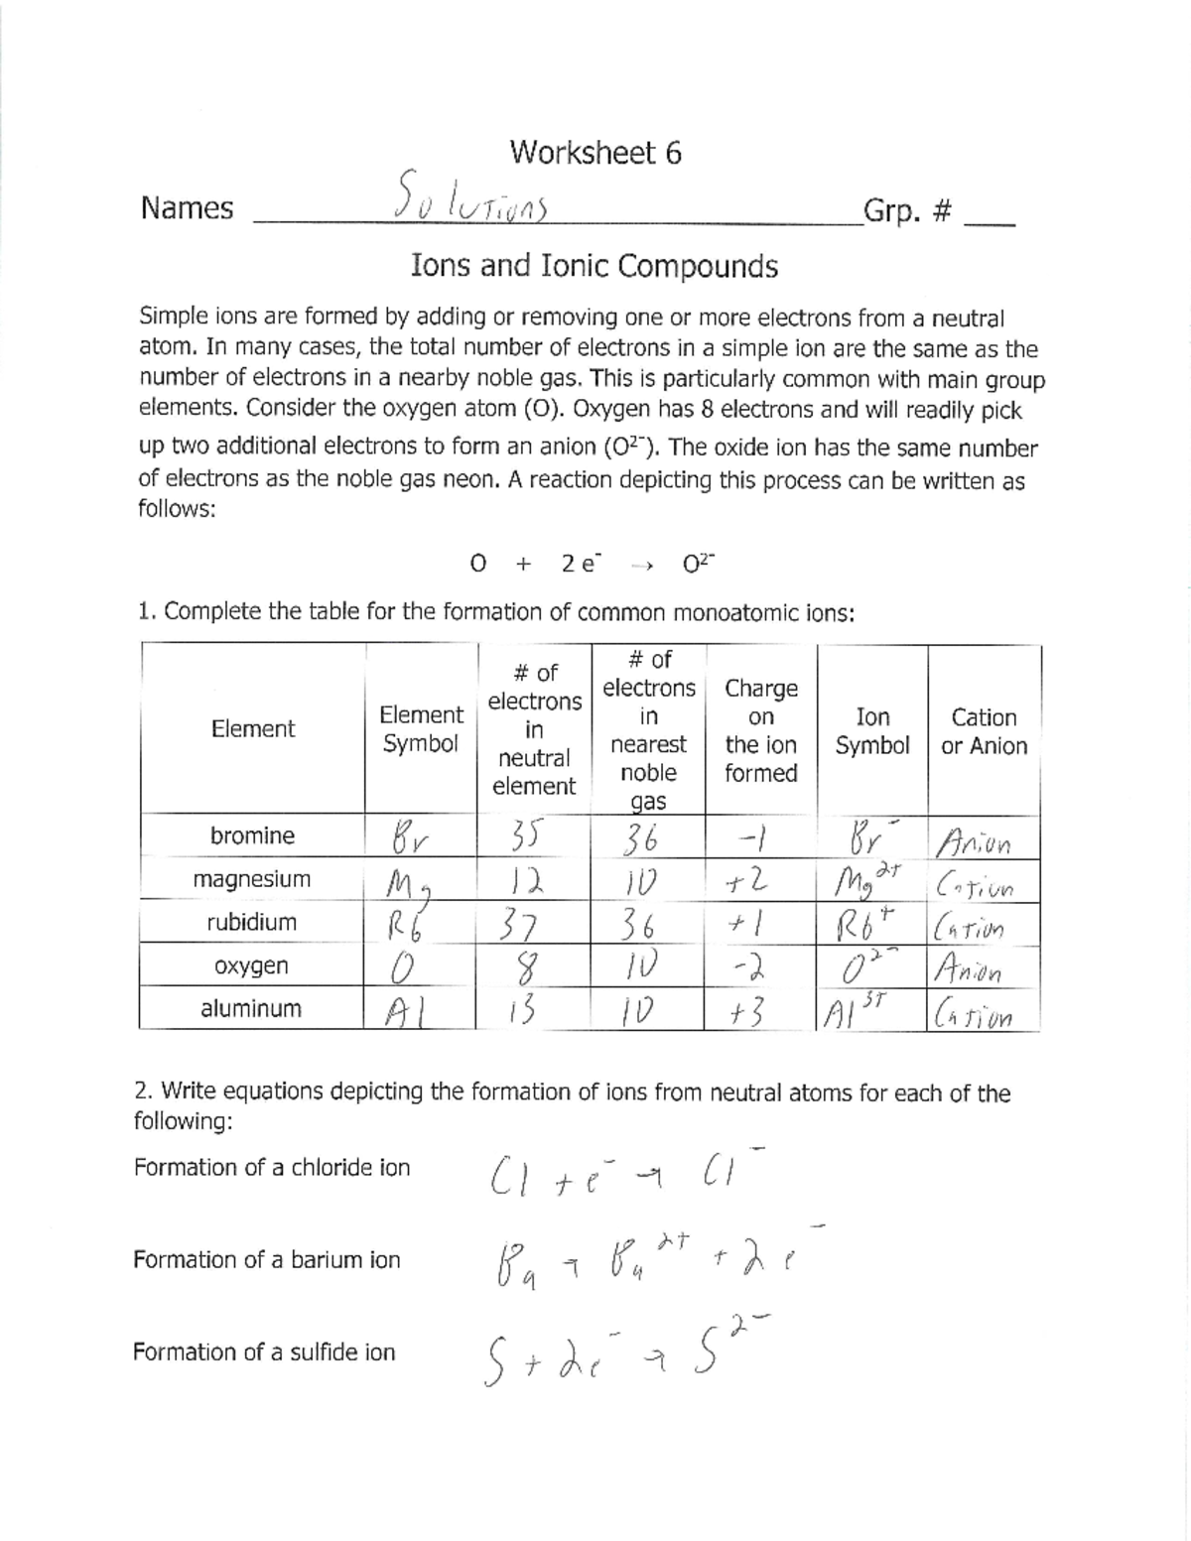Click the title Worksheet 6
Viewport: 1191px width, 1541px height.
coord(595,153)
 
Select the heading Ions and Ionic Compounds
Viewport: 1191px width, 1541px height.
coord(594,266)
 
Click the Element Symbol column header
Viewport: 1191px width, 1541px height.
coord(421,729)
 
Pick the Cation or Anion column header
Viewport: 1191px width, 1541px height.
coord(984,731)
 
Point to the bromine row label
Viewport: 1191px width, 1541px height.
coord(252,835)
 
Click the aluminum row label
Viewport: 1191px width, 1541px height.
coord(251,1008)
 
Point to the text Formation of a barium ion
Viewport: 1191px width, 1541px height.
coord(266,1259)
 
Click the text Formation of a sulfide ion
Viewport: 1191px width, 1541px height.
coord(264,1351)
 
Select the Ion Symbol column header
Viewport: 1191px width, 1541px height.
coord(871,731)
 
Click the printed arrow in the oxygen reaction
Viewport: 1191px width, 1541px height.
coord(641,566)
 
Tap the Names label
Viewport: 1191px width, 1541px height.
coord(187,208)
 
